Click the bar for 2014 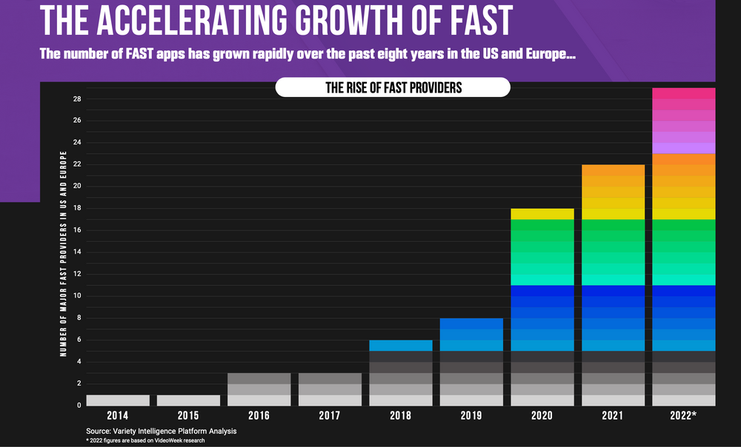point(118,400)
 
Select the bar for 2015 point(188,400)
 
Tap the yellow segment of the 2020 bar point(542,214)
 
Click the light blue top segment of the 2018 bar point(401,345)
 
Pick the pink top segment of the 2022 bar point(683,93)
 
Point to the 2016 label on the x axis point(259,416)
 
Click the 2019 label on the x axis point(471,416)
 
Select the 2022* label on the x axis point(684,416)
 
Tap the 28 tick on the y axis point(77,99)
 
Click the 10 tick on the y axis point(77,296)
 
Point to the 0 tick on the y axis point(79,406)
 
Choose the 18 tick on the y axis point(77,209)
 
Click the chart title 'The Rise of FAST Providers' point(393,87)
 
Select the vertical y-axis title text point(64,253)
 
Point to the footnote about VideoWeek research point(145,441)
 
